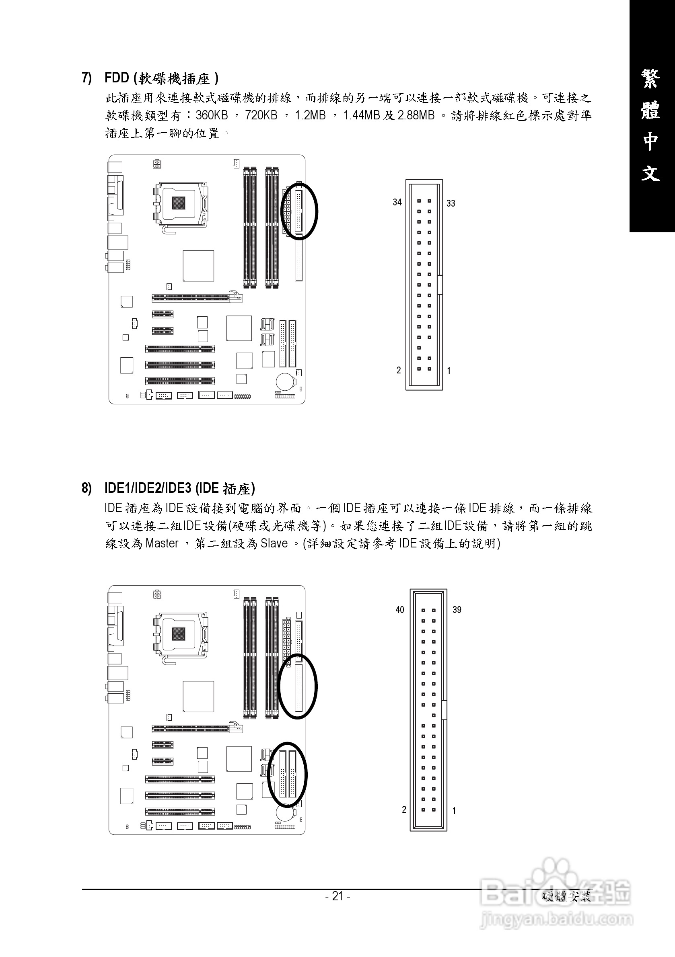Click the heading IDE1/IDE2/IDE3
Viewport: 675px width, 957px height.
148,488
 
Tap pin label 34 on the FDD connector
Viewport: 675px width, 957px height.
397,202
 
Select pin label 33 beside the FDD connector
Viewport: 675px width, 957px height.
451,203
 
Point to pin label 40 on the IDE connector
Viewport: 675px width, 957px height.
400,610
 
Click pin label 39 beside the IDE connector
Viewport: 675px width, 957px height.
457,610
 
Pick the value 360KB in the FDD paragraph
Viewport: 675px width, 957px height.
212,115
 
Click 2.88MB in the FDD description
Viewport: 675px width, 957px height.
416,115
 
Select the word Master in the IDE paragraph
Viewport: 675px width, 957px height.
162,543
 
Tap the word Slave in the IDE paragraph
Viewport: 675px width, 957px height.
274,543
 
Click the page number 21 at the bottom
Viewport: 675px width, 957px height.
337,896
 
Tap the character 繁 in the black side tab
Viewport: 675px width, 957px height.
650,79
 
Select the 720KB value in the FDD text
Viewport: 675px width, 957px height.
261,115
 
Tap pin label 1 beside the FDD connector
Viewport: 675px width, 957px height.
449,370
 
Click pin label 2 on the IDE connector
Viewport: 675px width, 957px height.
404,809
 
